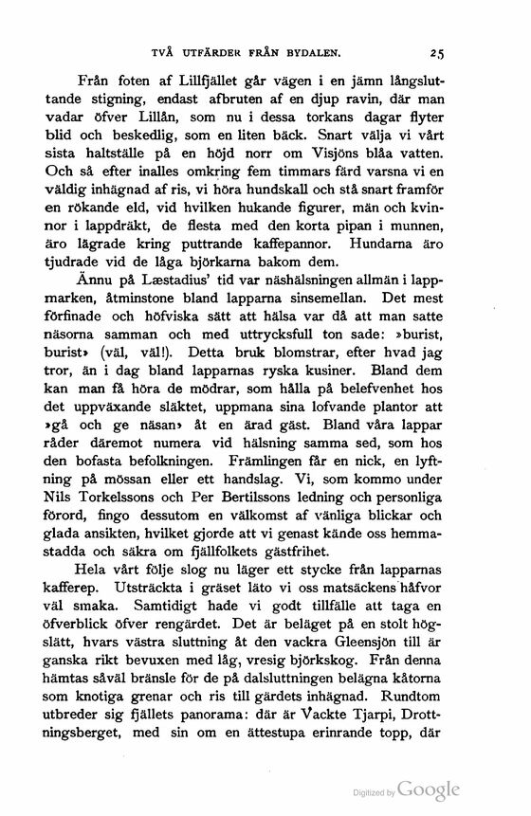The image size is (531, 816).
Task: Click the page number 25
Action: point(436,53)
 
